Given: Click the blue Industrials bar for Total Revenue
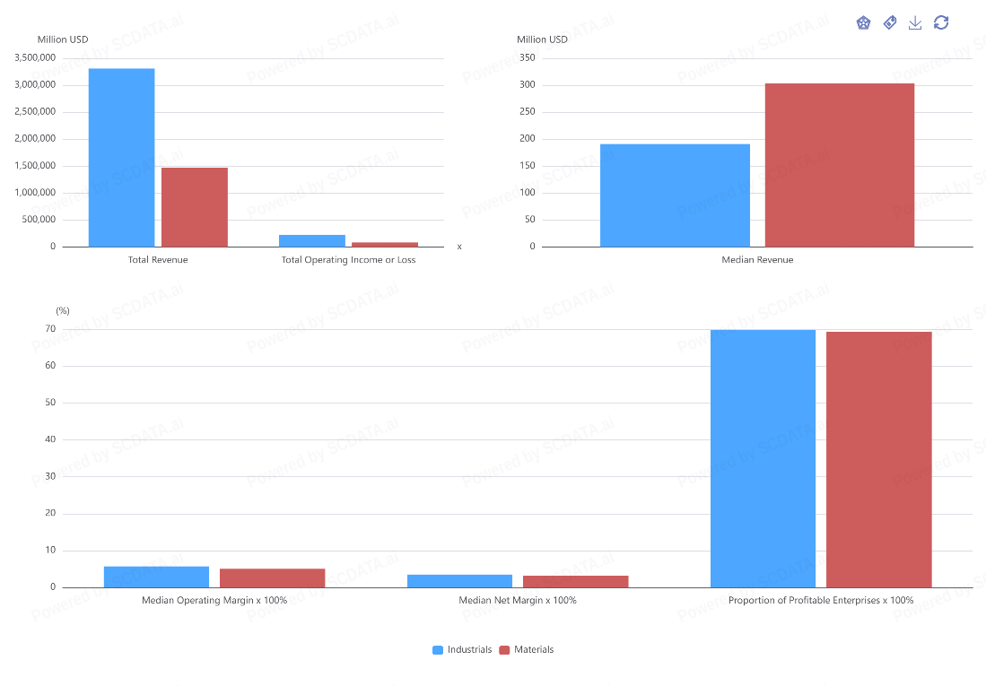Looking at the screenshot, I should [x=121, y=157].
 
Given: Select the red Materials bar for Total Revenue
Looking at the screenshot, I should [x=195, y=207].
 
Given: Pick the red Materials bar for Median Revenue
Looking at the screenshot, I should [x=839, y=165].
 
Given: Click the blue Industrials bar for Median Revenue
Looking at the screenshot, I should [x=675, y=195].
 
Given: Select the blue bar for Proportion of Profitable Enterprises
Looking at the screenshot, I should [x=763, y=458].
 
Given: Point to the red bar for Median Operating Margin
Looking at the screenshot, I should [x=272, y=578].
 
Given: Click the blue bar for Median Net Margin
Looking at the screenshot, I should [x=459, y=581].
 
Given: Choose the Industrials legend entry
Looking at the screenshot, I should [x=462, y=650].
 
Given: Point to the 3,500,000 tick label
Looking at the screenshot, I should [x=35, y=58].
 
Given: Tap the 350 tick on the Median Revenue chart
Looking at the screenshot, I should [x=528, y=58].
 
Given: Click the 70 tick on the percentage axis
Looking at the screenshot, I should [x=50, y=329].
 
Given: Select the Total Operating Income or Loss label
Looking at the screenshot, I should [x=348, y=260].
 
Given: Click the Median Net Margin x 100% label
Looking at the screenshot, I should [x=518, y=601].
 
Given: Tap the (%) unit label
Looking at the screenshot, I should [x=63, y=311].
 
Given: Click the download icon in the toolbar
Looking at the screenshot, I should [x=915, y=23].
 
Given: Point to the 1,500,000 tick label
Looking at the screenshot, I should [x=35, y=166].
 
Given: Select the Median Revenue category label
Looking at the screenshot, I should [x=757, y=260].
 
